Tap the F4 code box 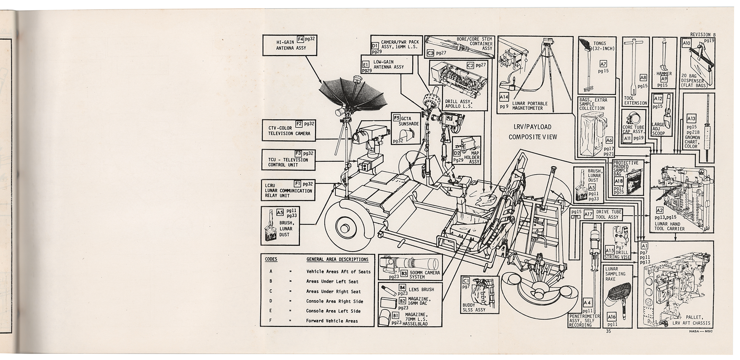click(x=300, y=38)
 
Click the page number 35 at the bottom click(x=609, y=332)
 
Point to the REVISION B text click(x=703, y=35)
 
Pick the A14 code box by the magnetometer click(x=504, y=97)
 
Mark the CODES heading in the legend click(x=271, y=259)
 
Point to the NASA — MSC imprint click(x=701, y=332)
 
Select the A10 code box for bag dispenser click(x=686, y=43)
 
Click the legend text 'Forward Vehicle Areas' click(x=332, y=321)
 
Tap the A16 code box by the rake click(x=611, y=317)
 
